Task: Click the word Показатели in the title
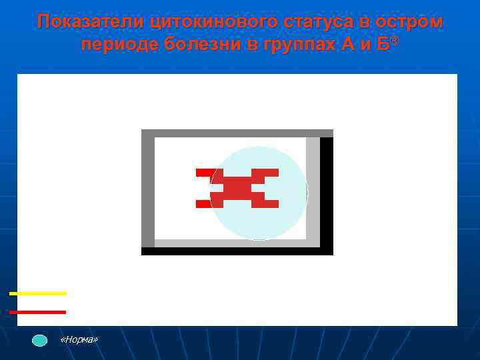(x=91, y=22)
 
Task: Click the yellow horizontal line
(x=38, y=293)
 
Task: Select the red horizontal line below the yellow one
(x=38, y=312)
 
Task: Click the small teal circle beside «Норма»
(x=40, y=340)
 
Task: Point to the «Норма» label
(x=79, y=340)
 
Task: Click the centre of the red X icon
(x=237, y=189)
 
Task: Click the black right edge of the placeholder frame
(x=327, y=193)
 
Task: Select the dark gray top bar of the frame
(x=237, y=133)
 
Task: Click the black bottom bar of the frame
(x=237, y=251)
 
